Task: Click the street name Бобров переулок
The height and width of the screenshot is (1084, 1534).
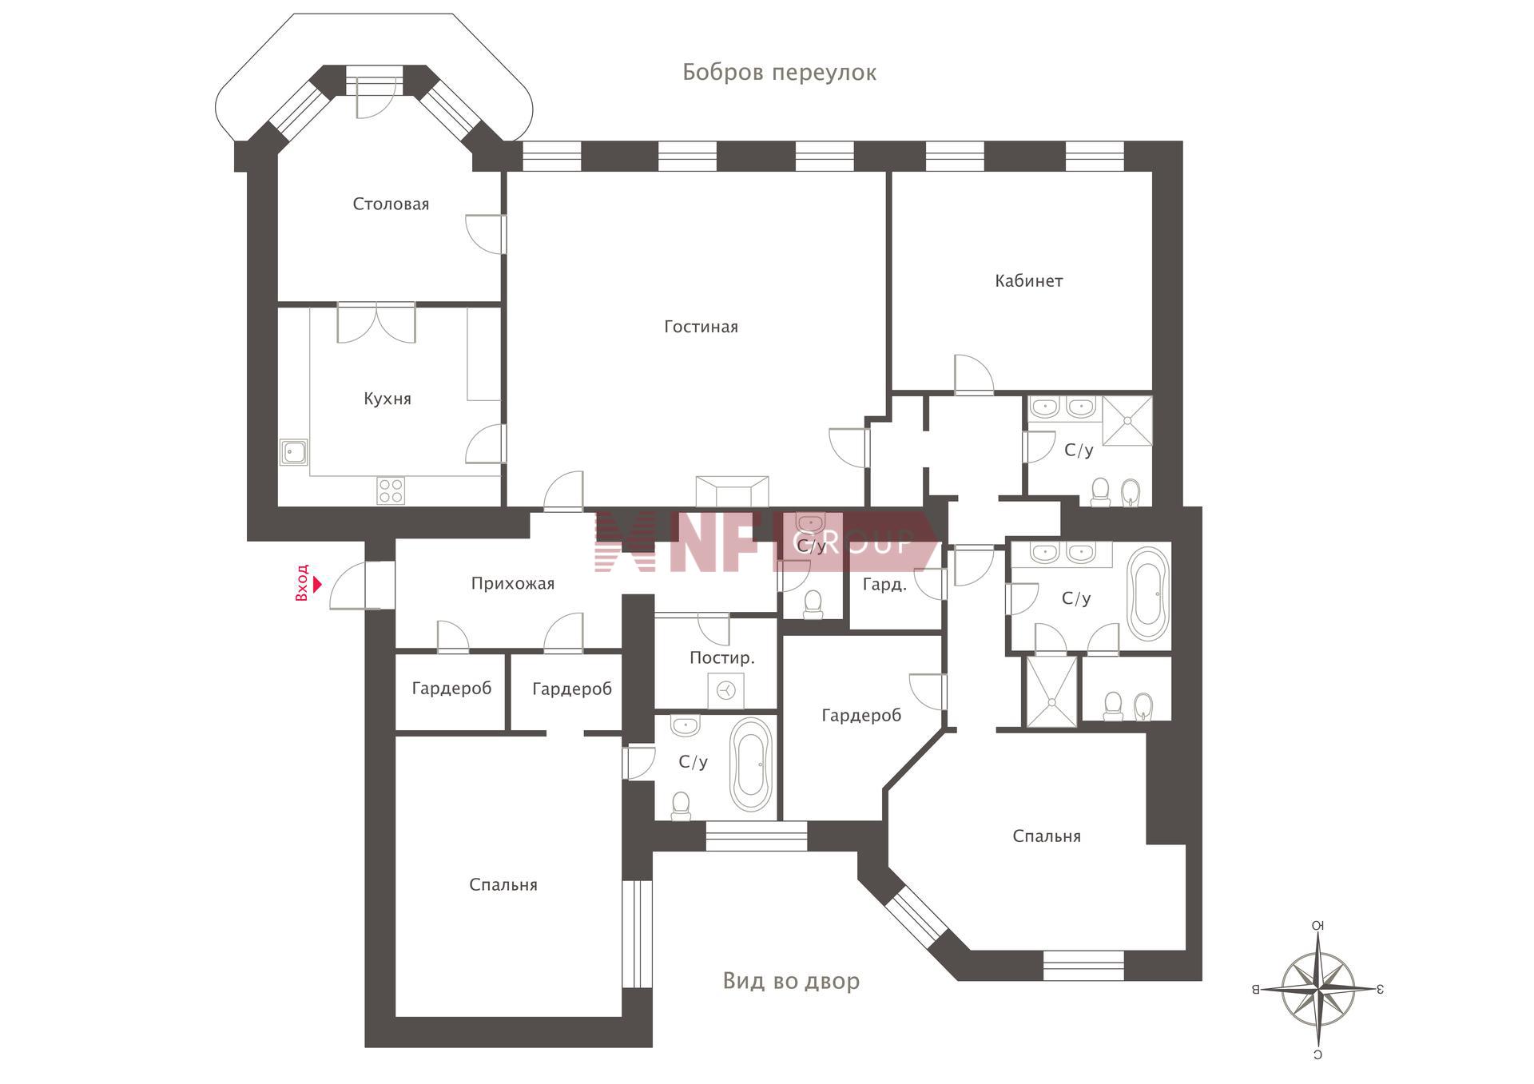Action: pos(779,73)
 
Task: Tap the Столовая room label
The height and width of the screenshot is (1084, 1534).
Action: pos(391,204)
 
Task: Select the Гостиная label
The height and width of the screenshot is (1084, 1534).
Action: pos(701,327)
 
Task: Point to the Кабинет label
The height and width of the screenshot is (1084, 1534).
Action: pos(1028,280)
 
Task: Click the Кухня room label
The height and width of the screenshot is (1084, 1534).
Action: pos(387,399)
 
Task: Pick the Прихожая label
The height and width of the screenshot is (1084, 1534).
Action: pos(512,584)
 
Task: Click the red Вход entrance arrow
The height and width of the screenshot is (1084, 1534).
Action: pos(317,584)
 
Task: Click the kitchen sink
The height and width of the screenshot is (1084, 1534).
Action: pos(294,453)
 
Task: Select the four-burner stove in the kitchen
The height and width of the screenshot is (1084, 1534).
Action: pos(391,490)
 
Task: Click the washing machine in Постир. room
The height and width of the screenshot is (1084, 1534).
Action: pos(726,690)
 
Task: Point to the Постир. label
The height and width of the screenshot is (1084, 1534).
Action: pos(721,658)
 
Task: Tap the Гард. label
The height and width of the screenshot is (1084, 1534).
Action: pos(884,585)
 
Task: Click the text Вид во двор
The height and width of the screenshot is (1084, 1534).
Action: pos(791,981)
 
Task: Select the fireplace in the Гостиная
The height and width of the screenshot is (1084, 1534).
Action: pos(732,491)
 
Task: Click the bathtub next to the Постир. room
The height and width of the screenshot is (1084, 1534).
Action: pos(751,765)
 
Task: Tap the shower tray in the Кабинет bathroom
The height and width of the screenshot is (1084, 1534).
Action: pos(1127,420)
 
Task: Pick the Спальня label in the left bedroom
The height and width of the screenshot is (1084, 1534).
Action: pos(503,885)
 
